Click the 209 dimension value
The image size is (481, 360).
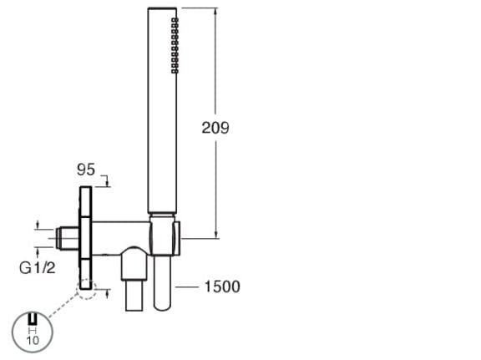coord(215,127)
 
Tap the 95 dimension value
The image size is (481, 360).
coord(86,170)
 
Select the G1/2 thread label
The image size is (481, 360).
coord(38,268)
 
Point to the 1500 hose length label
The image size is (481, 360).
coord(222,286)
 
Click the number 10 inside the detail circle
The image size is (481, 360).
coord(33,340)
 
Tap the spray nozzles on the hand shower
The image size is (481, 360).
coord(175,45)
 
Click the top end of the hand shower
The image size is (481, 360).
coord(162,8)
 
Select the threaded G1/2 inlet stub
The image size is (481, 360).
coord(68,238)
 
